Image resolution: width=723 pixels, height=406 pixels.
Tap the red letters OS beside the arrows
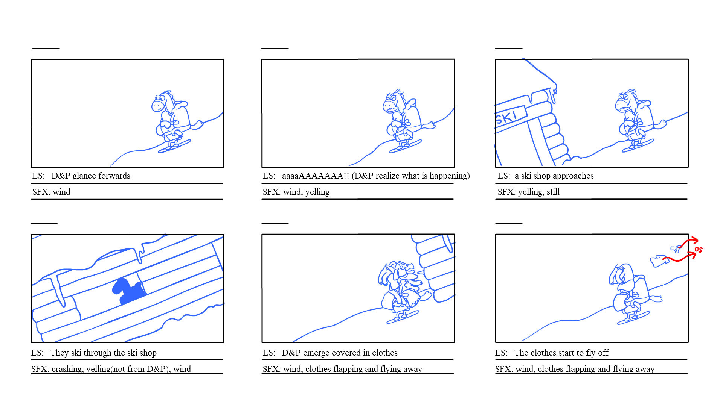click(699, 249)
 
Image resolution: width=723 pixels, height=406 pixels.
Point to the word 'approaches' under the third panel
click(573, 176)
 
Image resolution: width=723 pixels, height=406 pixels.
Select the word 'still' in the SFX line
click(553, 192)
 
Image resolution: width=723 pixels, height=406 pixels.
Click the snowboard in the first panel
click(174, 146)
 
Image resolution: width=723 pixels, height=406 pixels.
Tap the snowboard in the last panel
click(633, 318)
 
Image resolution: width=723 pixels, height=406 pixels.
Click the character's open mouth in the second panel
click(393, 109)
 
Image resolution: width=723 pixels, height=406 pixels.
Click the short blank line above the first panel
click(46, 48)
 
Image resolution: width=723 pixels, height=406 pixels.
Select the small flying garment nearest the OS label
click(676, 248)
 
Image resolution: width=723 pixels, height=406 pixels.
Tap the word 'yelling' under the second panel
click(317, 192)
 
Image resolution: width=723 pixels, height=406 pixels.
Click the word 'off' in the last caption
click(603, 353)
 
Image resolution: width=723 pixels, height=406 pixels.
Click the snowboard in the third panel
click(638, 145)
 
